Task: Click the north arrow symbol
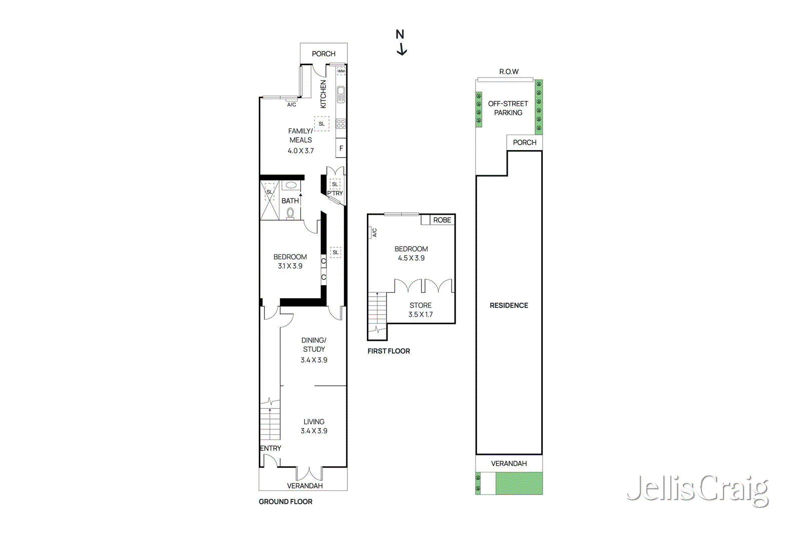coord(400,43)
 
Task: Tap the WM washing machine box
coord(341,71)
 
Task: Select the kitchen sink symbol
coord(341,94)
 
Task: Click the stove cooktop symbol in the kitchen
coord(341,123)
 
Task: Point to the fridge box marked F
coord(341,148)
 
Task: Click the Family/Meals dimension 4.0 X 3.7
coord(300,151)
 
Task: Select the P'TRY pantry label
coord(335,193)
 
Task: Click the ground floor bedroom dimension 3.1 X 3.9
coord(290,266)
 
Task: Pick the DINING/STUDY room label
coord(314,345)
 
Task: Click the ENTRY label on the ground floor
coord(270,448)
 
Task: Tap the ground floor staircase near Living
coord(270,423)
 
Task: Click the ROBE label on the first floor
coord(442,220)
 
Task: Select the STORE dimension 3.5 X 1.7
coord(420,315)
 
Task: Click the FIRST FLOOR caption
coord(388,351)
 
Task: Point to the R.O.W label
coord(509,72)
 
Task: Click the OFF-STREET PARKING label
coord(508,108)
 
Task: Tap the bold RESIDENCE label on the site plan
coord(509,305)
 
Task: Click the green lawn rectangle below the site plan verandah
coord(519,483)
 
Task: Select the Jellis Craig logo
coord(697,489)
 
